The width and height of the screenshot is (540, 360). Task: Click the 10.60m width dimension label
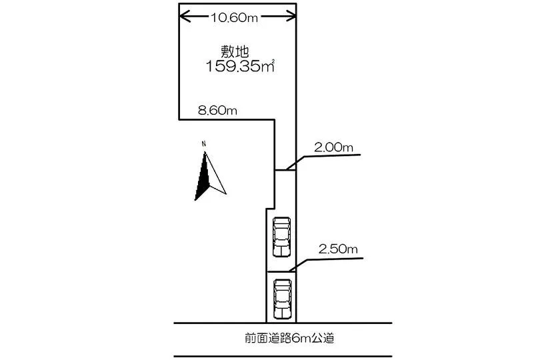coord(234,17)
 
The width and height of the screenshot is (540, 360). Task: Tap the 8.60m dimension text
coord(217,110)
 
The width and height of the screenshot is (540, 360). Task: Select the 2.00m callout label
coord(333,147)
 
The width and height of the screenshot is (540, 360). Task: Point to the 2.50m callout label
coord(338,249)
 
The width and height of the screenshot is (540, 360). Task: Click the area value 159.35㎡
coord(240,66)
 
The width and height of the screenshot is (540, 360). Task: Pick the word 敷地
coord(235,52)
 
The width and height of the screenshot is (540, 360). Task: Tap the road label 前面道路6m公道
coord(289,338)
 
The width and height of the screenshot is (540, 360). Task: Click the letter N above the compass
coord(204,143)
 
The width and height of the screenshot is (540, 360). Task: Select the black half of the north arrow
coord(203,179)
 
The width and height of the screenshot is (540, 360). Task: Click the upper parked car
coord(281,237)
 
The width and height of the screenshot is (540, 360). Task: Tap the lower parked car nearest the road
coord(283,299)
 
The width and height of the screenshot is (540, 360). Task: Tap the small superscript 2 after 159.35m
coord(273,61)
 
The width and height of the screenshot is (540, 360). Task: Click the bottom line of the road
coord(283,356)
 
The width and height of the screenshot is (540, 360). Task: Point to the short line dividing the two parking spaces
coord(281,272)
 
